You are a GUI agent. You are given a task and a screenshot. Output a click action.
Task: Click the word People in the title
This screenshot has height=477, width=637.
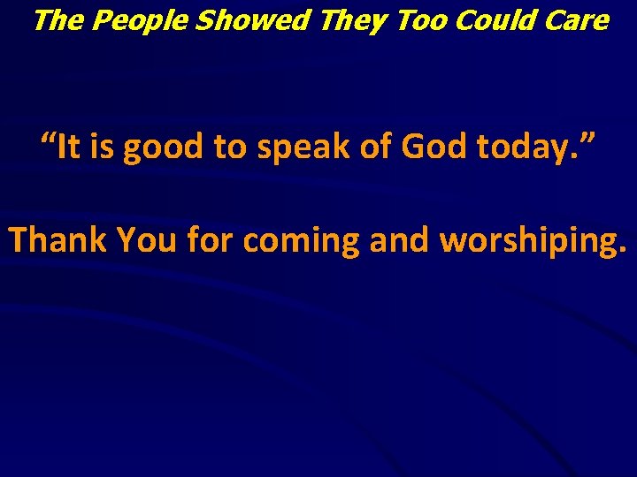pos(138,20)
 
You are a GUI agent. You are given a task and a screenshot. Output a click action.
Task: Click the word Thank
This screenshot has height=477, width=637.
pos(58,239)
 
